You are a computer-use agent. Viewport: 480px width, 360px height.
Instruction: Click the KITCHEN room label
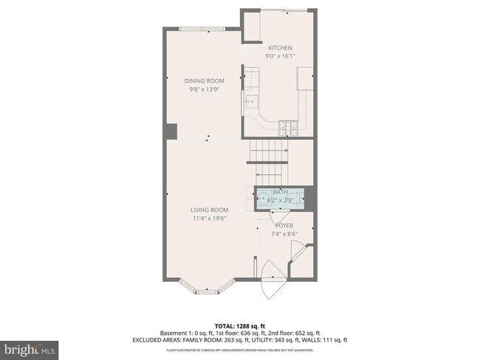click(279, 48)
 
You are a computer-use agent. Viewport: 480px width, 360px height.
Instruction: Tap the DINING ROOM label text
click(204, 81)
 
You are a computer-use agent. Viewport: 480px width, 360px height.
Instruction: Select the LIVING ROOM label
click(208, 210)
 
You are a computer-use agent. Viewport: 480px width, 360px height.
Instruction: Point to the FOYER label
click(284, 225)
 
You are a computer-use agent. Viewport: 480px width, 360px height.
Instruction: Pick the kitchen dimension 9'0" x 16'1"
click(279, 56)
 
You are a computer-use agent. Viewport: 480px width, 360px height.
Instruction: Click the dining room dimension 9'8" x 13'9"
click(204, 89)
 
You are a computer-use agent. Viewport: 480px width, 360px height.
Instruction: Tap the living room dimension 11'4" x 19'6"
click(208, 218)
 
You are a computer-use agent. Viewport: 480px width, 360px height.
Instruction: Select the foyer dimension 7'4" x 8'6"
click(284, 234)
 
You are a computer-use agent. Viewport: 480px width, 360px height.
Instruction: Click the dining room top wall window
click(204, 29)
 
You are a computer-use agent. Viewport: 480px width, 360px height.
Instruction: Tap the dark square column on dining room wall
click(172, 132)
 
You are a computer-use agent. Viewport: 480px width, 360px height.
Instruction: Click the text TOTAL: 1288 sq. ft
click(239, 325)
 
